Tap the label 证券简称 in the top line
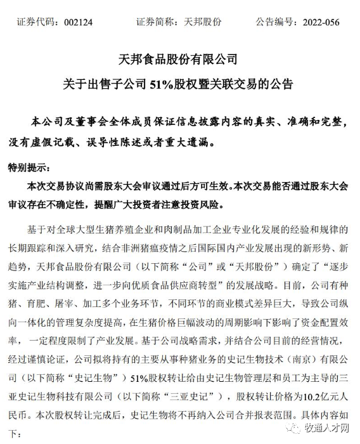(153, 22)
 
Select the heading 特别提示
(27, 168)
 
